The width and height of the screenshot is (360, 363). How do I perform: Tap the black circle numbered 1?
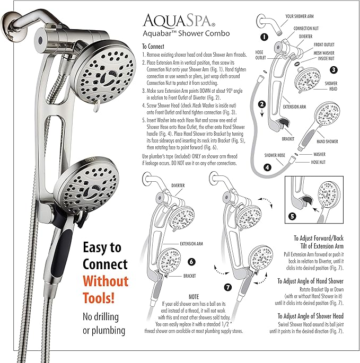[x=264, y=37]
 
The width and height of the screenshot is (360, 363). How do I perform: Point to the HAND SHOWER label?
[x=328, y=142]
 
